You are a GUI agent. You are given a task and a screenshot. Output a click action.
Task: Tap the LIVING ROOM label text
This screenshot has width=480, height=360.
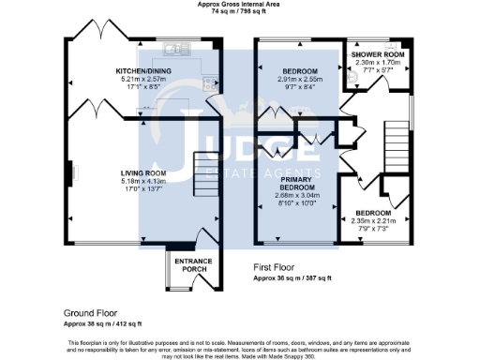142,172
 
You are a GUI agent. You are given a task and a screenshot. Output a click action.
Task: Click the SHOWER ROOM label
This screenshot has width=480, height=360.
378,54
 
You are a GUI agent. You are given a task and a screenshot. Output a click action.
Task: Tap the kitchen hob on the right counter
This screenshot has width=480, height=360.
211,83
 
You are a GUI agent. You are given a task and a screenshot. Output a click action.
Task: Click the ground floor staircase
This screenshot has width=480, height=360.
204,173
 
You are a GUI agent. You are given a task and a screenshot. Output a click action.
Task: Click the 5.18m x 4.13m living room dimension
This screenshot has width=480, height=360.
142,180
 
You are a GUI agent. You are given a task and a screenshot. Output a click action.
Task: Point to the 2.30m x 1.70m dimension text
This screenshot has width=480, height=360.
378,62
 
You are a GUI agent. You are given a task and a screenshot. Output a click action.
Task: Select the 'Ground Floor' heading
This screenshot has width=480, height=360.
92,311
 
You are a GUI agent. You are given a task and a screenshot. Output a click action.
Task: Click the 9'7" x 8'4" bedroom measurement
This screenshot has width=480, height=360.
300,87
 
